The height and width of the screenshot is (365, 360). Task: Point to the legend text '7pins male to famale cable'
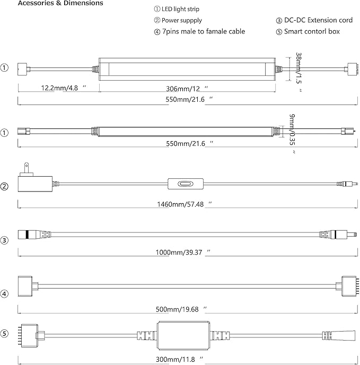click(204, 32)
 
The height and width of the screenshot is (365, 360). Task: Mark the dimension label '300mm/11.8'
click(183, 359)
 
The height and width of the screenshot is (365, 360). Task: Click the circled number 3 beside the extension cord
click(5, 240)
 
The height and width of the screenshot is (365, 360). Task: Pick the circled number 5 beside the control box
click(5, 334)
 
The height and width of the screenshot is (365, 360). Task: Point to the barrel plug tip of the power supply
click(349, 184)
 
